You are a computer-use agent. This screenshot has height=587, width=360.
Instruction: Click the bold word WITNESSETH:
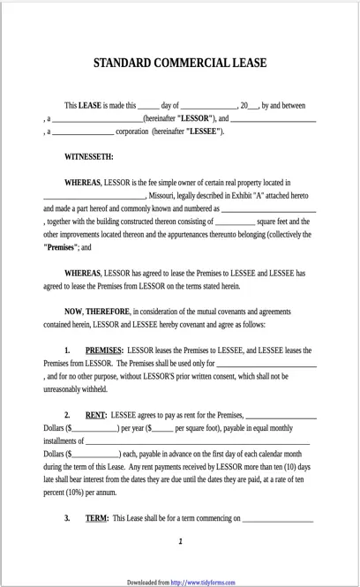88,157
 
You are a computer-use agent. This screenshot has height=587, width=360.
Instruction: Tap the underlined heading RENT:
96,415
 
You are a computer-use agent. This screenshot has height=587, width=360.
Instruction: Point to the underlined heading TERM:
97,518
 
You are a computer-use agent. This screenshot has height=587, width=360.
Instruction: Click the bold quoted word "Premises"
59,248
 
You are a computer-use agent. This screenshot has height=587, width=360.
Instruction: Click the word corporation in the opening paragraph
132,132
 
